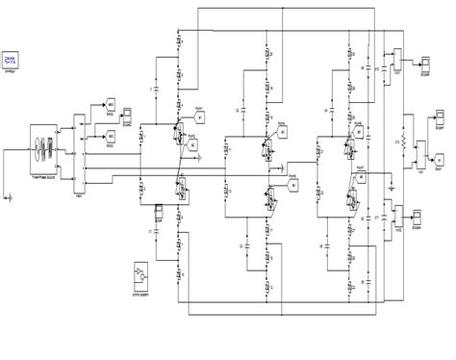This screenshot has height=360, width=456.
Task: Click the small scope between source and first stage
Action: coord(125,113)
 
